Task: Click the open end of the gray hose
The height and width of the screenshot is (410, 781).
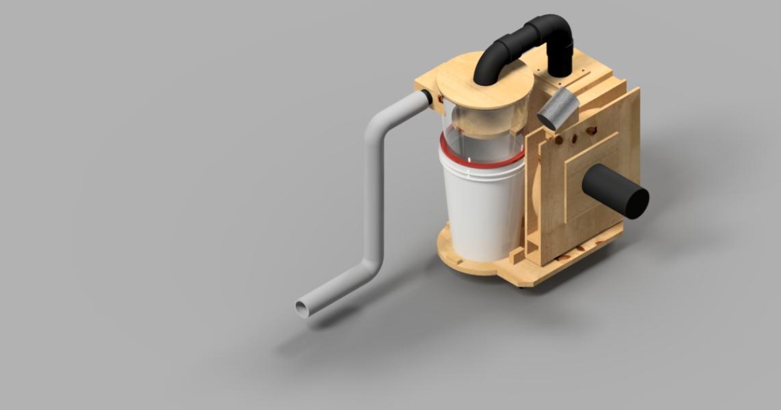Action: [303, 308]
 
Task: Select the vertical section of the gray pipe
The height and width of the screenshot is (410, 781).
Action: [373, 195]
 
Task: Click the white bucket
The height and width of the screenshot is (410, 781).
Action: [482, 208]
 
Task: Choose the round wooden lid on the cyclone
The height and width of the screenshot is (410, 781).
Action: [485, 89]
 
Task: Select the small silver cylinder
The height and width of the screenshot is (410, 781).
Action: [558, 109]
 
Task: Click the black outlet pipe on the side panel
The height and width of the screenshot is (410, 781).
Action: [612, 189]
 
